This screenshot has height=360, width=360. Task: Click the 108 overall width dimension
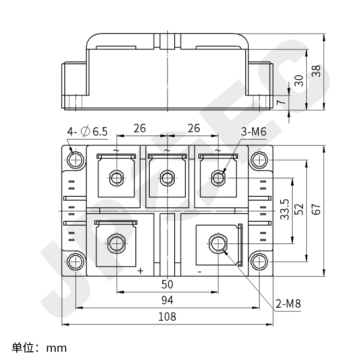click(x=167, y=317)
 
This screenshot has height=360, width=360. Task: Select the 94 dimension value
click(x=167, y=301)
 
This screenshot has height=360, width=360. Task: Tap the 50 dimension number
click(x=167, y=285)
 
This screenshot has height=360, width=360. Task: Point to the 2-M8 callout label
click(x=288, y=304)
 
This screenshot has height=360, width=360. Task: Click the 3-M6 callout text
click(x=254, y=132)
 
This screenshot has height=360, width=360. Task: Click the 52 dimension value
click(x=299, y=209)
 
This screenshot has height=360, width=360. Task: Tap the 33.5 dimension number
click(x=284, y=209)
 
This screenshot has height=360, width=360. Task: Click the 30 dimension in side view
click(x=299, y=80)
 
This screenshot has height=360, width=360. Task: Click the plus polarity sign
click(x=140, y=271)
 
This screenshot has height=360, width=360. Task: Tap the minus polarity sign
click(x=199, y=271)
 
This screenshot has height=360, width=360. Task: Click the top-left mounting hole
click(x=75, y=159)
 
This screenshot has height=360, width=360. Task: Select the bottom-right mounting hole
click(x=259, y=262)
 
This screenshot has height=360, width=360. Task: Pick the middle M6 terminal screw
click(x=167, y=178)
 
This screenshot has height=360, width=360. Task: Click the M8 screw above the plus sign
click(x=116, y=243)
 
